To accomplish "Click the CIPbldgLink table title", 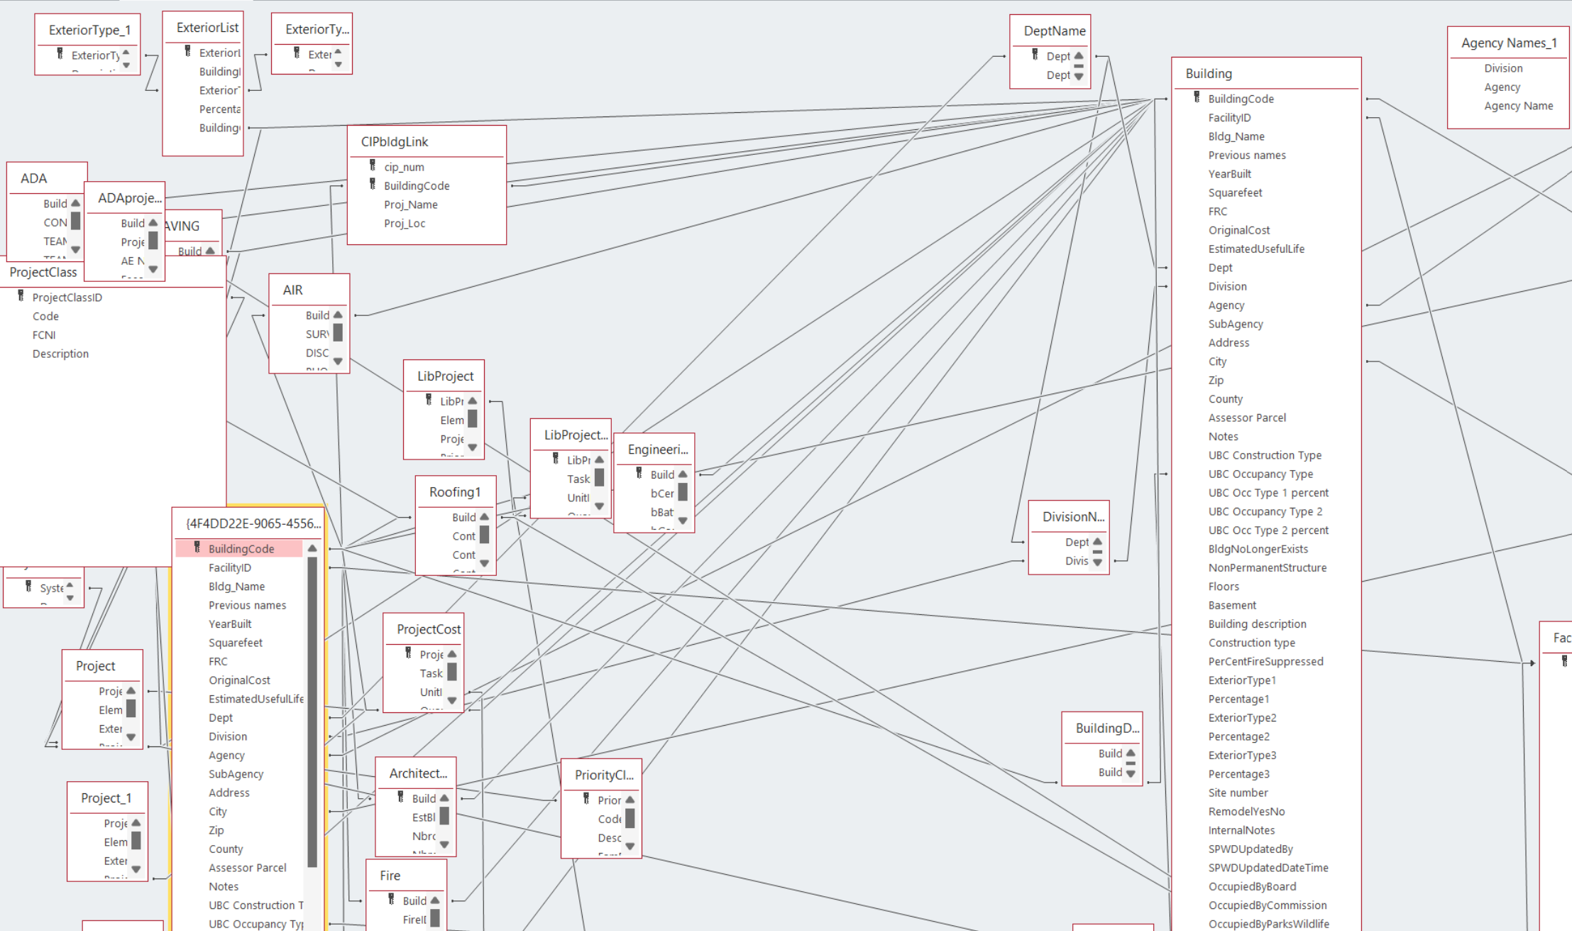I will point(395,142).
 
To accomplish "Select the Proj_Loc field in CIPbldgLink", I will point(405,224).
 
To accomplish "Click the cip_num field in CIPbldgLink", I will point(404,168).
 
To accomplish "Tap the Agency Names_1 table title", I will point(1509,43).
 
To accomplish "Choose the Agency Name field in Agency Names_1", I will point(1518,107).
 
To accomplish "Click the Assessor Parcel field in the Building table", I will point(1247,418).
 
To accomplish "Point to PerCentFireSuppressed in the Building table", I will point(1265,662).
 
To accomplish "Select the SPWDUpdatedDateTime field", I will point(1268,868).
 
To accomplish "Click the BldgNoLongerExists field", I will point(1258,550).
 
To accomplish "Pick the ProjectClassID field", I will point(67,298).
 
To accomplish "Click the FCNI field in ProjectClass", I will point(44,335).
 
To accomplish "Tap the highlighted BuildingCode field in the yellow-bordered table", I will point(241,549).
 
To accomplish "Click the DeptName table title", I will point(1055,31).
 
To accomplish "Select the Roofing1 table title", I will point(455,492).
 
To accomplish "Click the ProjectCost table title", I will point(429,629).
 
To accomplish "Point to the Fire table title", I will point(390,876).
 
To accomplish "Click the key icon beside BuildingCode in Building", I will point(1197,98).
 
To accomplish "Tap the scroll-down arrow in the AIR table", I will point(338,361).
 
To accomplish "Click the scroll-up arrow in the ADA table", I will point(75,204).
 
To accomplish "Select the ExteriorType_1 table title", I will point(89,31).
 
